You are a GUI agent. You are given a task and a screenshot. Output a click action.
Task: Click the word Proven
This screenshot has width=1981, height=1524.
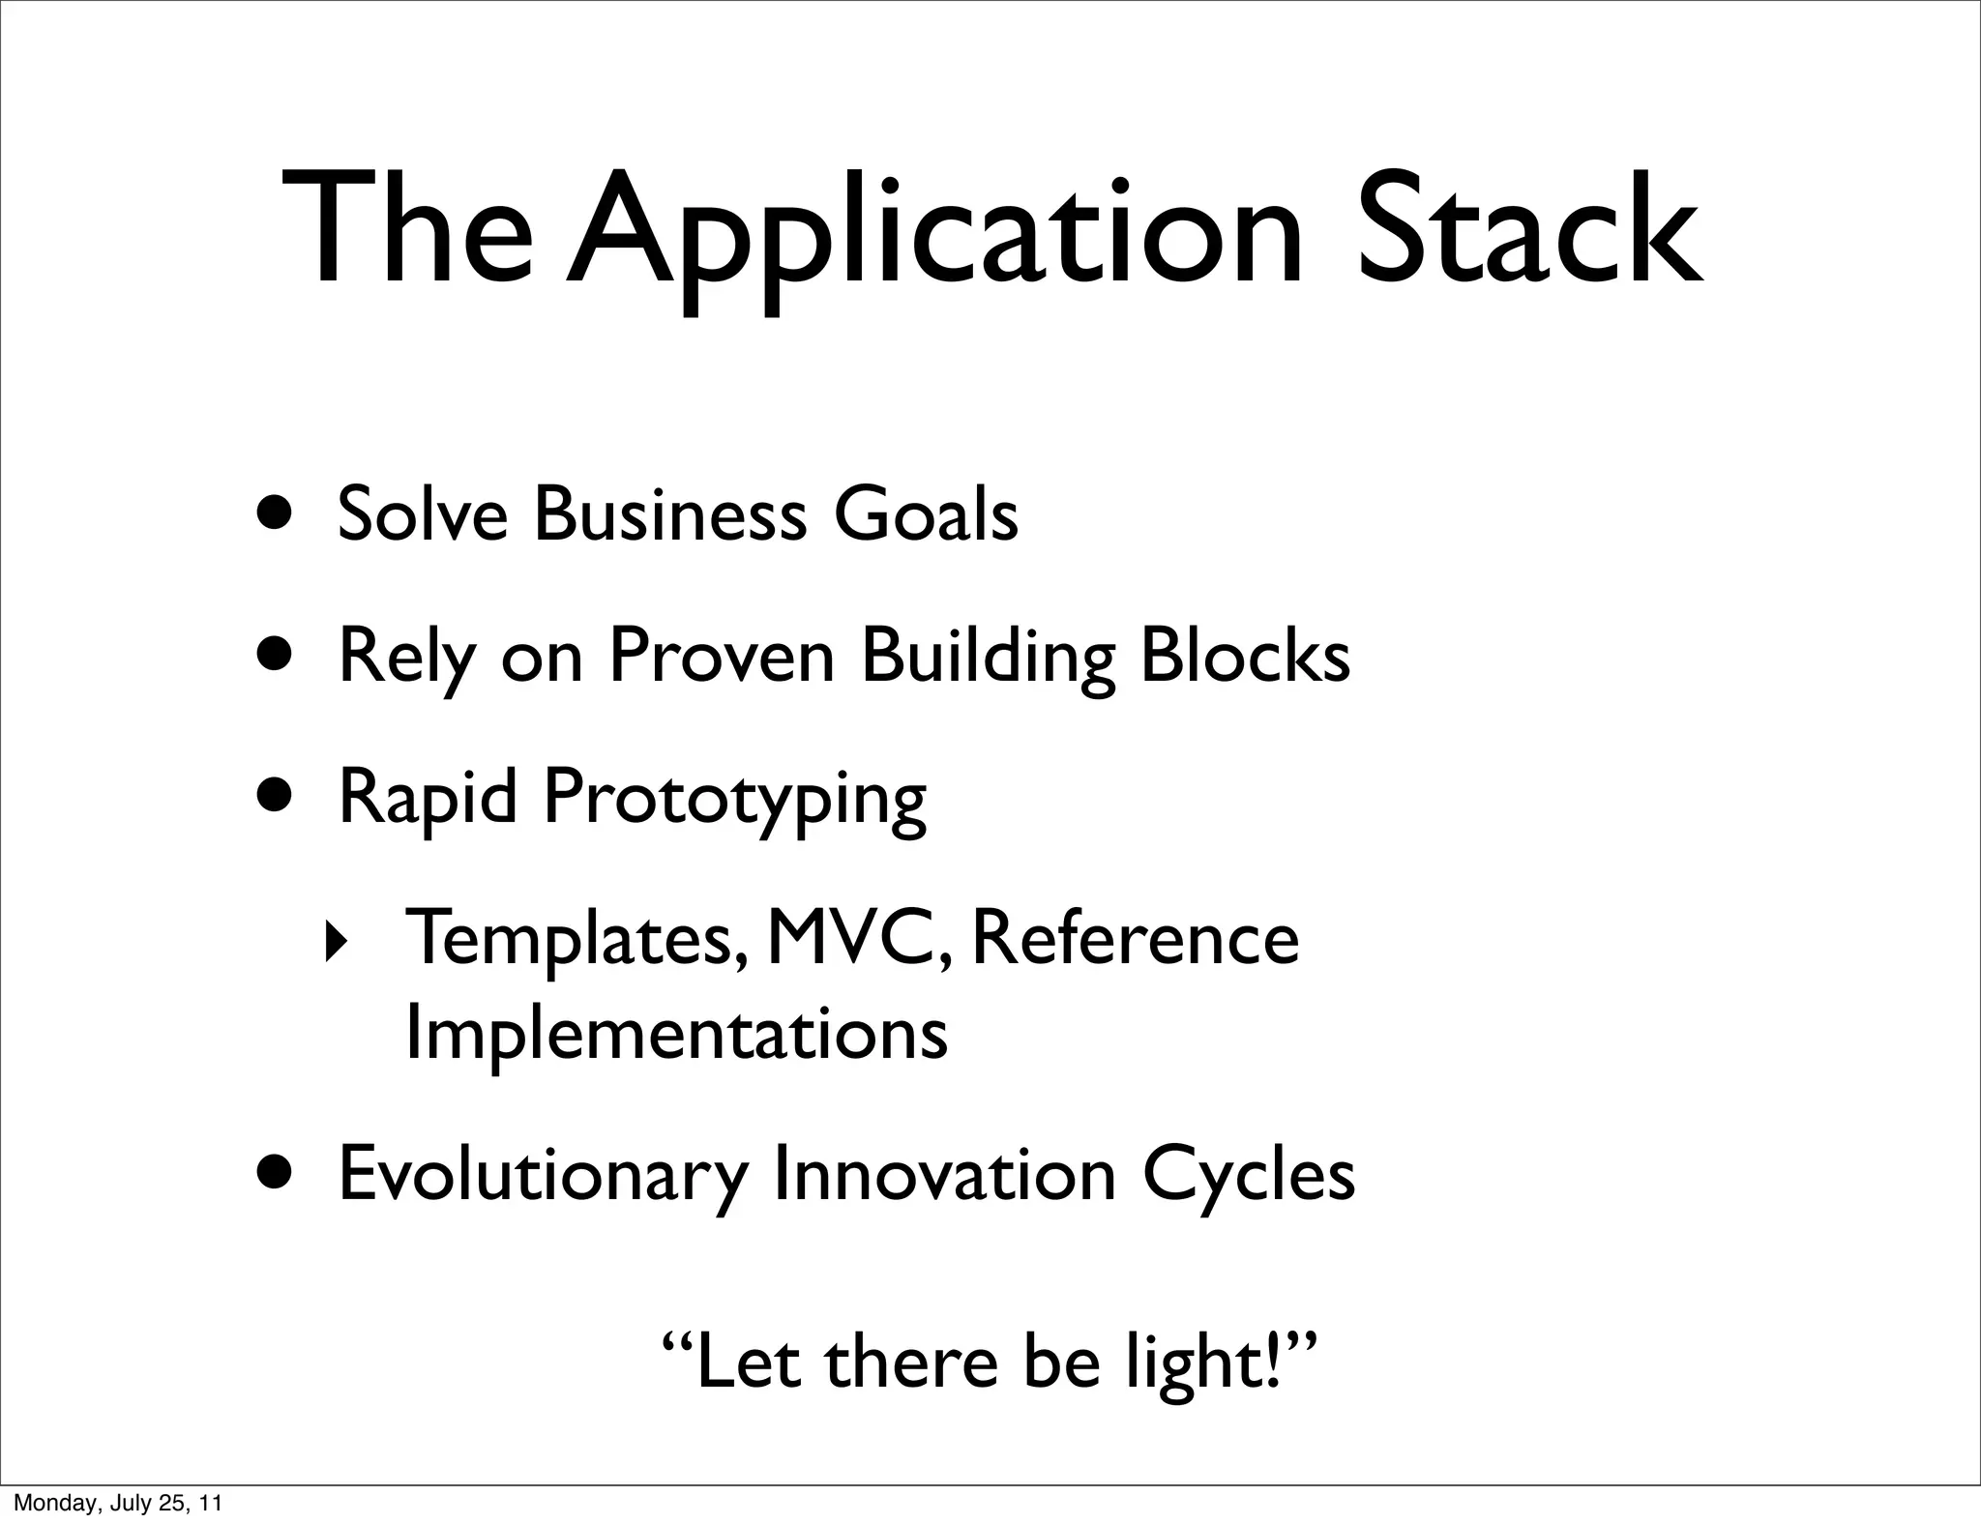pyautogui.click(x=721, y=656)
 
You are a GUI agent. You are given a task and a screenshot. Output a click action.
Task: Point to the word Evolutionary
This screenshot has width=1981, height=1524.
pyautogui.click(x=543, y=1176)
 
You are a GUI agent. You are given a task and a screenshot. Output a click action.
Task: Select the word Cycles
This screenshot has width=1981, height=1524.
pyautogui.click(x=1248, y=1176)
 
